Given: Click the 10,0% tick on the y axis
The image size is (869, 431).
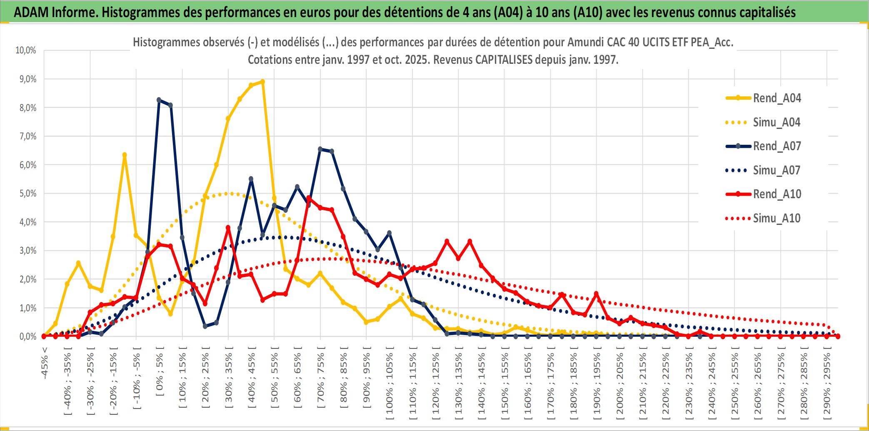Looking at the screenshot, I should pos(26,50).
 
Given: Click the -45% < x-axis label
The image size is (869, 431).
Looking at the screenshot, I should pos(45,363).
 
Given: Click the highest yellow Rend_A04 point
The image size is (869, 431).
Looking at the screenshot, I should pos(262,82).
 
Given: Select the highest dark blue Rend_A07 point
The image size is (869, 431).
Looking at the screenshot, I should pos(159,100).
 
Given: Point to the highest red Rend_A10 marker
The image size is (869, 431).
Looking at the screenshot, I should pos(309,198).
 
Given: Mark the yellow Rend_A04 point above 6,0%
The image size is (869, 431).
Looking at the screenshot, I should pos(125,155).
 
